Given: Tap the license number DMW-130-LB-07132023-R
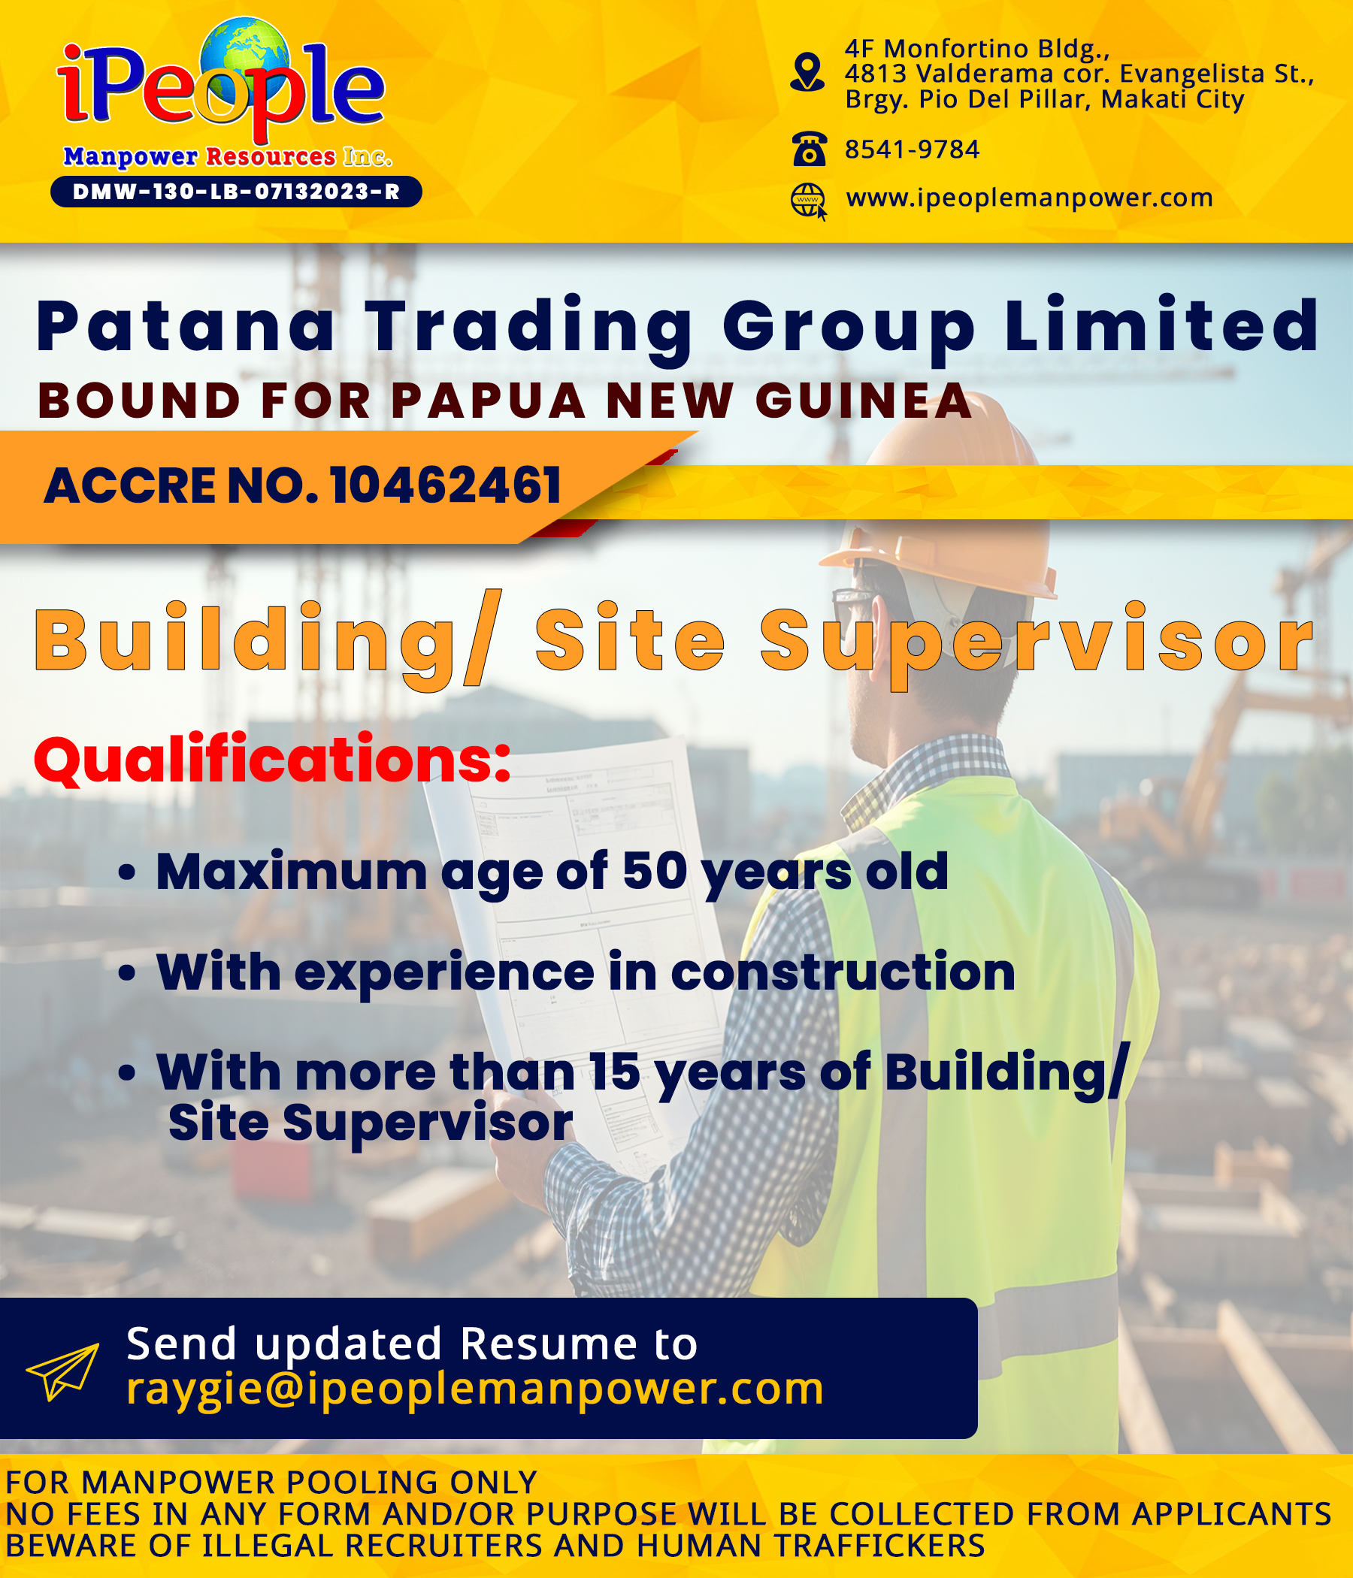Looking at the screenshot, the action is click(x=236, y=192).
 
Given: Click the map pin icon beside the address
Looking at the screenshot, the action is click(x=807, y=72).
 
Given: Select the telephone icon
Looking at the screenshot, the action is click(x=809, y=149).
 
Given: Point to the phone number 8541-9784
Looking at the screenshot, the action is click(x=912, y=150).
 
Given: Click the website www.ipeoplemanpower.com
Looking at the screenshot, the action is click(x=1029, y=198).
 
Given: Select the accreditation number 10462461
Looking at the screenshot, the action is click(x=446, y=485).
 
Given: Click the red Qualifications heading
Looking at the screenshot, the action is click(x=272, y=759).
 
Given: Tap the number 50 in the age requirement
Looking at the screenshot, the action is click(x=655, y=870).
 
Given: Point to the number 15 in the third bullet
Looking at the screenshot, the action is click(x=614, y=1072).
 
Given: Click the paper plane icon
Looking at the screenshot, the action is click(x=62, y=1371).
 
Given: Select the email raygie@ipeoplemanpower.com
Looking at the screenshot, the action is click(x=474, y=1388).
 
